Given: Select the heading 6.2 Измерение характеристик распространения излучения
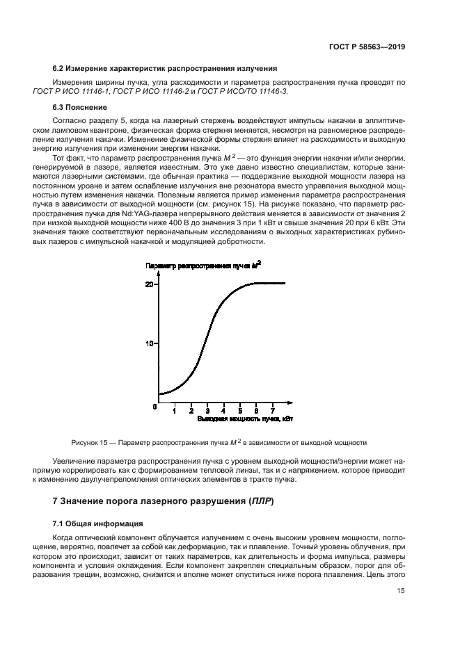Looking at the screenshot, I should click(x=165, y=68).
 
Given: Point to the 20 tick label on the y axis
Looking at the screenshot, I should click(x=149, y=284).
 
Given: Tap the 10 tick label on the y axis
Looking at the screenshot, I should click(x=149, y=344).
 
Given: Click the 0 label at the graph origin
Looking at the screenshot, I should click(x=155, y=405).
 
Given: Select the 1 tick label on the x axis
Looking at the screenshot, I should click(x=175, y=412).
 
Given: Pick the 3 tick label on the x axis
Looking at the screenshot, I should click(x=207, y=412).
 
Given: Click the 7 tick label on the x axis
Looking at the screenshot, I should click(x=272, y=412).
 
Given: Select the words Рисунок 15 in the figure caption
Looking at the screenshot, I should click(x=90, y=442).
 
